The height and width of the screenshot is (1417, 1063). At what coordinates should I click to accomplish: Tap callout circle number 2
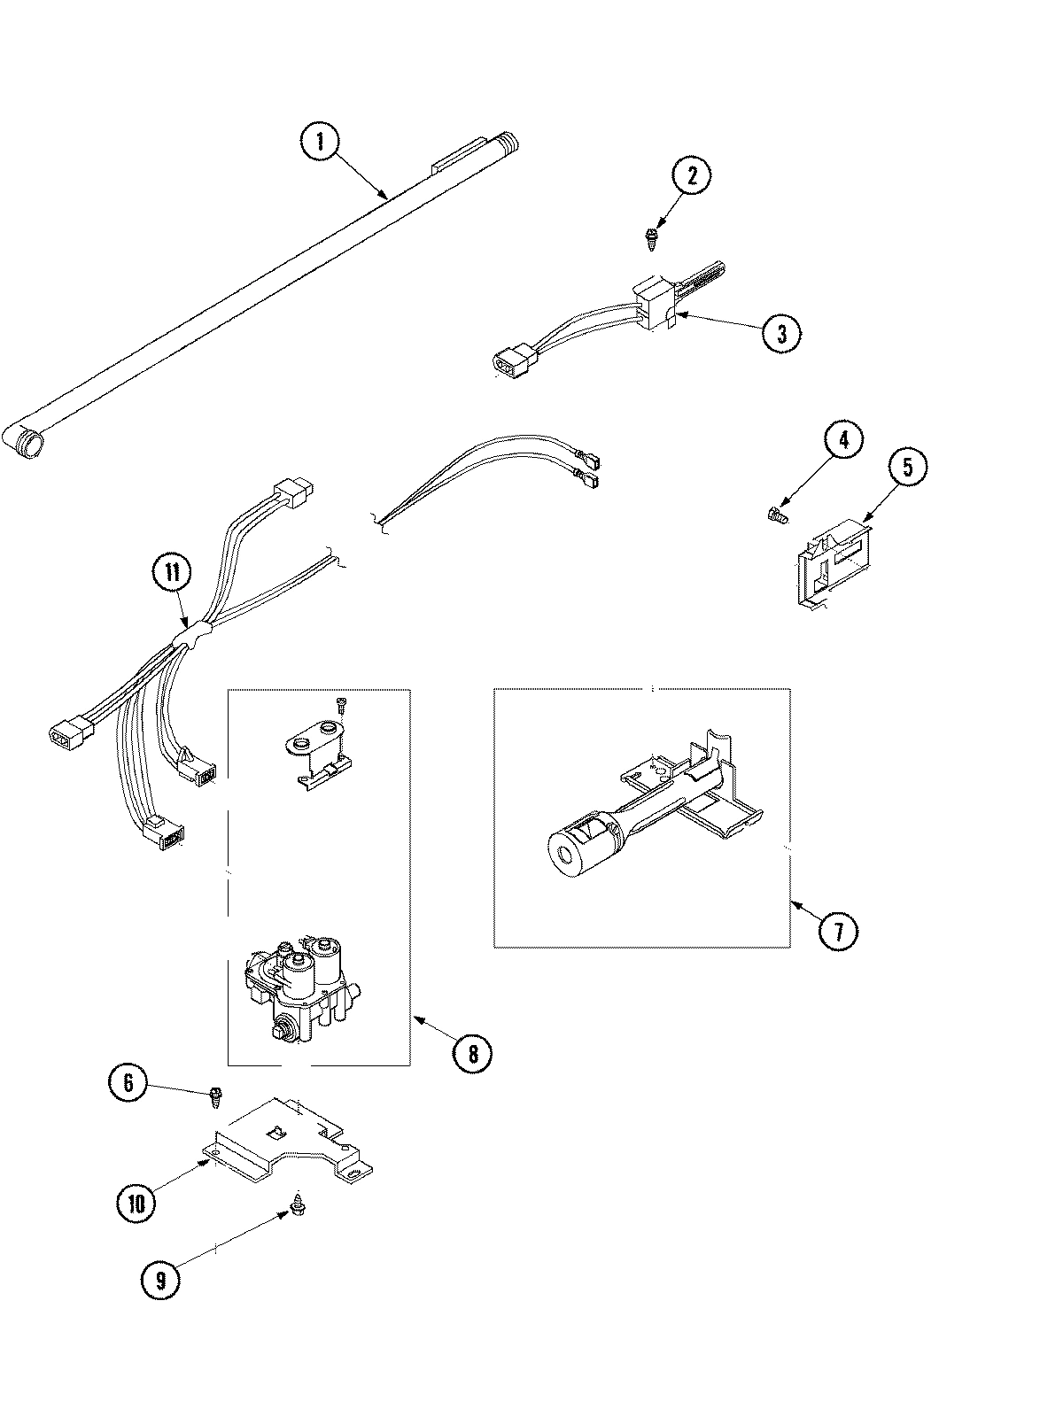691,175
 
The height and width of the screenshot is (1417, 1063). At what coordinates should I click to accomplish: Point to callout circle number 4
842,440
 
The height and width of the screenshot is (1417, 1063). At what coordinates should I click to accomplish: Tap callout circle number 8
471,1053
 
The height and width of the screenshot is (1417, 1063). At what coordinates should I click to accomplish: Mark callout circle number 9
160,1278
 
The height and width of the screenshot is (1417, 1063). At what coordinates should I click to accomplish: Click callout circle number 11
171,573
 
